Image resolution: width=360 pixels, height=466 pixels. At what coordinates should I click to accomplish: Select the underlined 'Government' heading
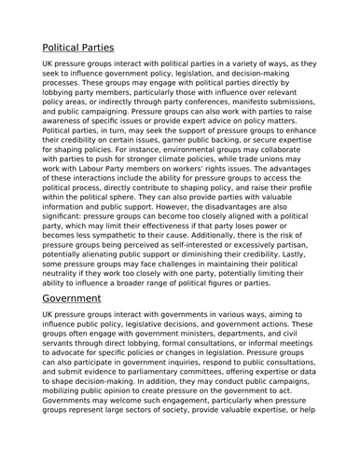tap(84, 299)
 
